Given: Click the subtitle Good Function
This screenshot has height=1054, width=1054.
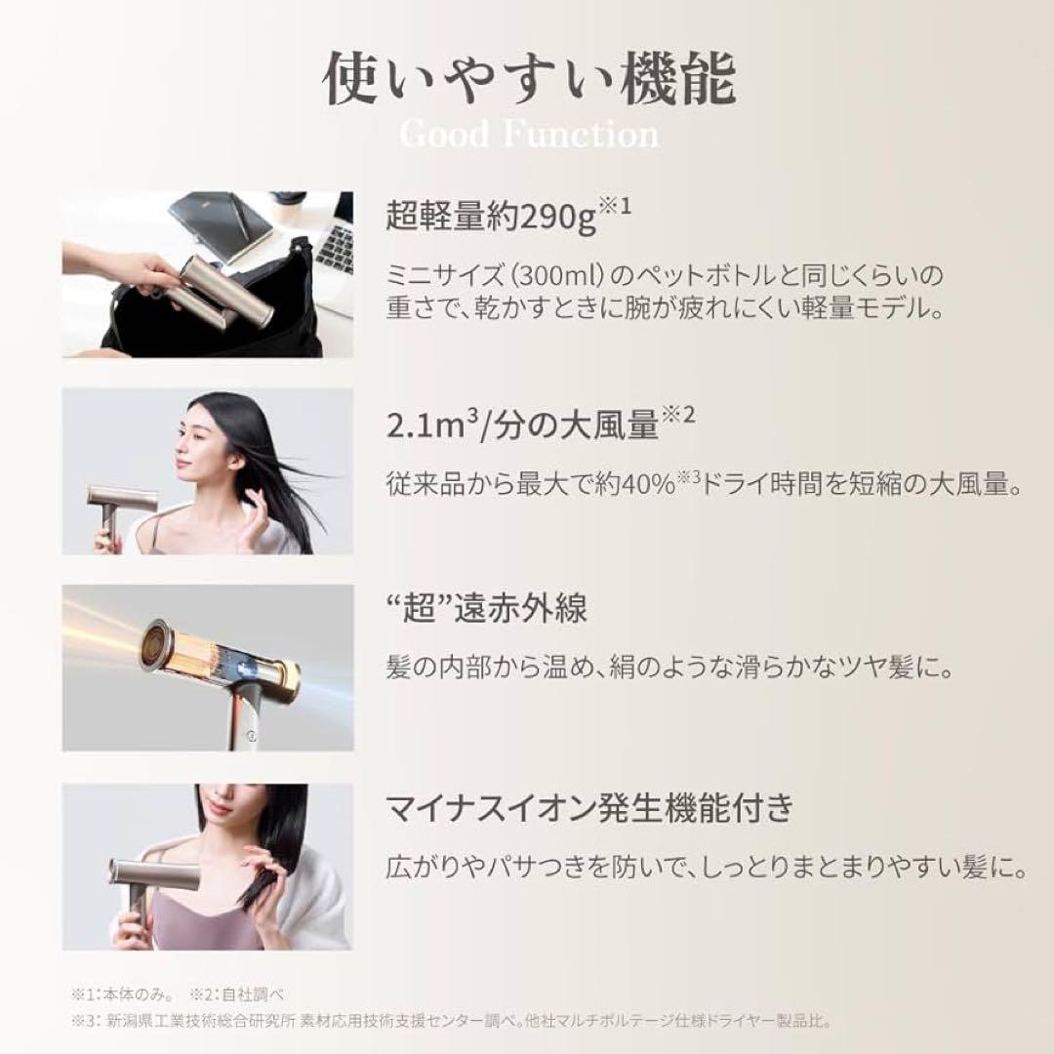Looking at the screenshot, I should (529, 134).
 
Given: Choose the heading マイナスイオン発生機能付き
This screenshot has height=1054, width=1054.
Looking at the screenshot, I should (588, 809).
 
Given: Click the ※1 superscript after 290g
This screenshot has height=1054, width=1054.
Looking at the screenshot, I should (614, 206).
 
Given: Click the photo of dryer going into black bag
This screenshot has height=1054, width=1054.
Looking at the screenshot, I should (207, 274).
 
